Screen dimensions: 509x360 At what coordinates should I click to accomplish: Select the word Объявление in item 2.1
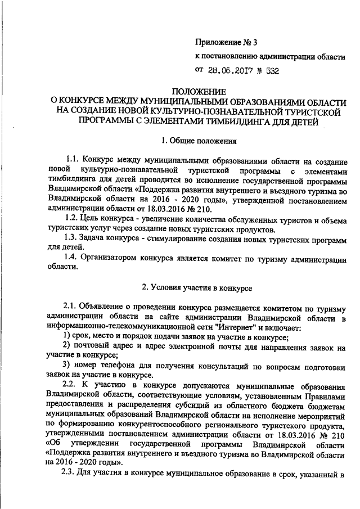pyautogui.click(x=105, y=307)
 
